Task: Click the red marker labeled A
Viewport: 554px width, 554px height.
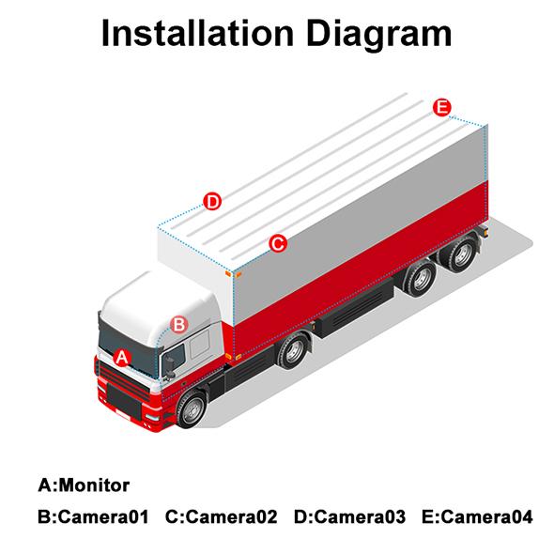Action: [x=122, y=358]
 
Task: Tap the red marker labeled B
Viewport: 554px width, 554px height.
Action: [x=179, y=324]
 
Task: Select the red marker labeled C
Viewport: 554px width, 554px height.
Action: [x=278, y=243]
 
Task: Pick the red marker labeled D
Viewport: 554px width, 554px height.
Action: [x=212, y=201]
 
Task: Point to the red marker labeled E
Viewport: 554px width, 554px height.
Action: [x=442, y=107]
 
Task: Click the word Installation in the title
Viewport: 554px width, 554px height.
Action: [x=197, y=33]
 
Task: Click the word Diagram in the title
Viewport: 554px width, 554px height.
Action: [x=378, y=35]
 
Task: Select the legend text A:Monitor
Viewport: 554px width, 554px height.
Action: [x=84, y=485]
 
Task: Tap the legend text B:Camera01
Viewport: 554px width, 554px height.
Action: [x=93, y=516]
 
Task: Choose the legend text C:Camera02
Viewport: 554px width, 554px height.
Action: [x=222, y=516]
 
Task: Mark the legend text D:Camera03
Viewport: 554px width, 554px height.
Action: [x=350, y=516]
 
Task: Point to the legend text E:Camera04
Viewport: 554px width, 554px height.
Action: [x=477, y=516]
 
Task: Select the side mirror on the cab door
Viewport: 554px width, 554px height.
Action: [x=170, y=367]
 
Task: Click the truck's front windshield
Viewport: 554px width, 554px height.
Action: [x=128, y=351]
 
